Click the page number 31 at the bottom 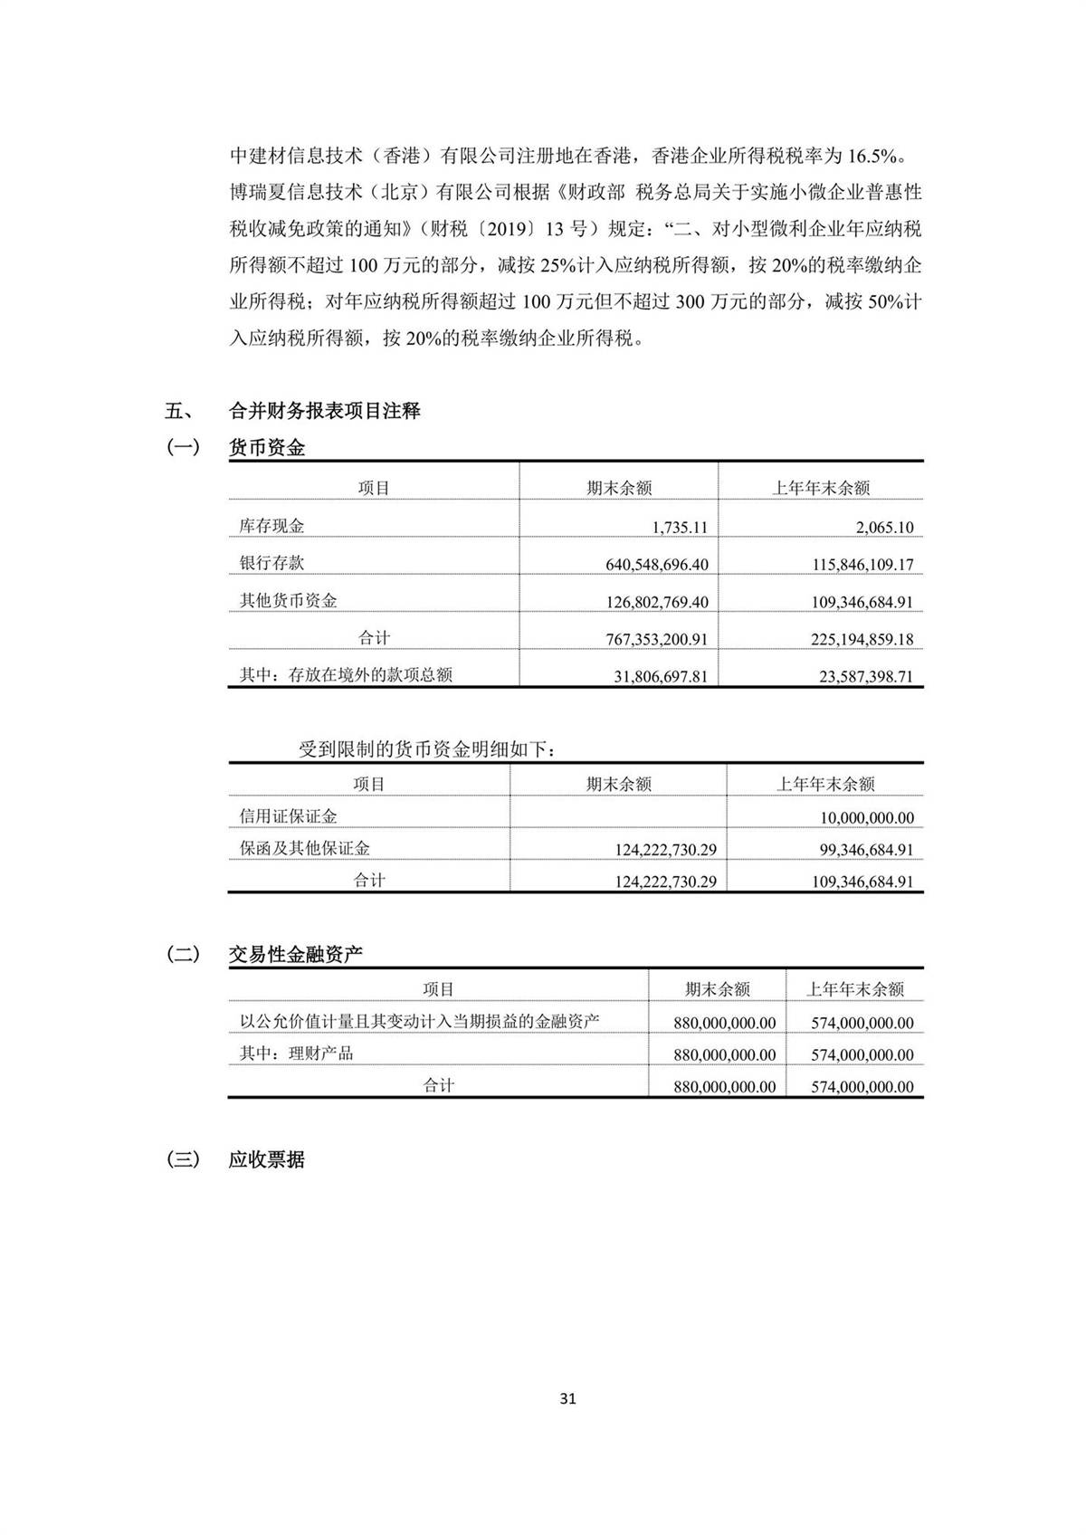point(568,1398)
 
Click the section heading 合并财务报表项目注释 point(324,411)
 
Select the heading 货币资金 point(267,447)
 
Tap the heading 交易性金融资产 point(295,954)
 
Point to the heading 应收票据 point(267,1159)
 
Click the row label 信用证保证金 point(288,816)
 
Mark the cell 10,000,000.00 point(867,818)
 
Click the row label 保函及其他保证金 point(304,849)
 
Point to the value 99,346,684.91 point(862,850)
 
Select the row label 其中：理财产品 point(296,1054)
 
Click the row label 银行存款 point(271,563)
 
